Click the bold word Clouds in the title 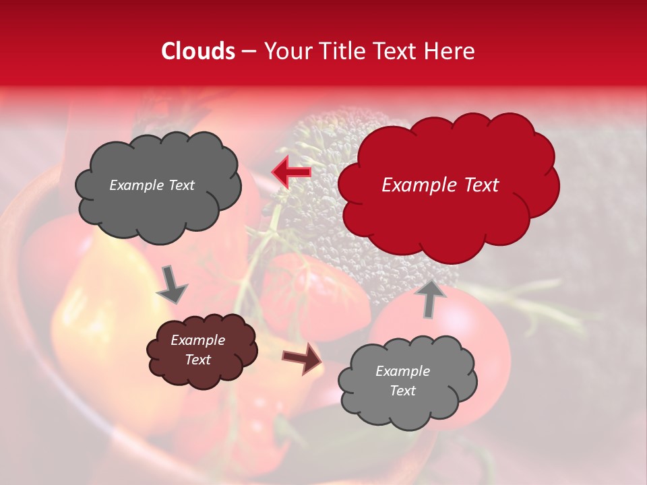(x=198, y=51)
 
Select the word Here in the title (x=450, y=51)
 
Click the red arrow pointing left (x=292, y=172)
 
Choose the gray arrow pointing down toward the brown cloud (x=172, y=284)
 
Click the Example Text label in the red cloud (x=440, y=185)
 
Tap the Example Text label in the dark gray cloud (x=152, y=185)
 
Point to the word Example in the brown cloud (x=197, y=340)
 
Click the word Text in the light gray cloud (x=402, y=391)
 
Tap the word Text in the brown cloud (x=197, y=360)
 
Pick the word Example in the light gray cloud (x=402, y=371)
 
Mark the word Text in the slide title (x=396, y=51)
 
